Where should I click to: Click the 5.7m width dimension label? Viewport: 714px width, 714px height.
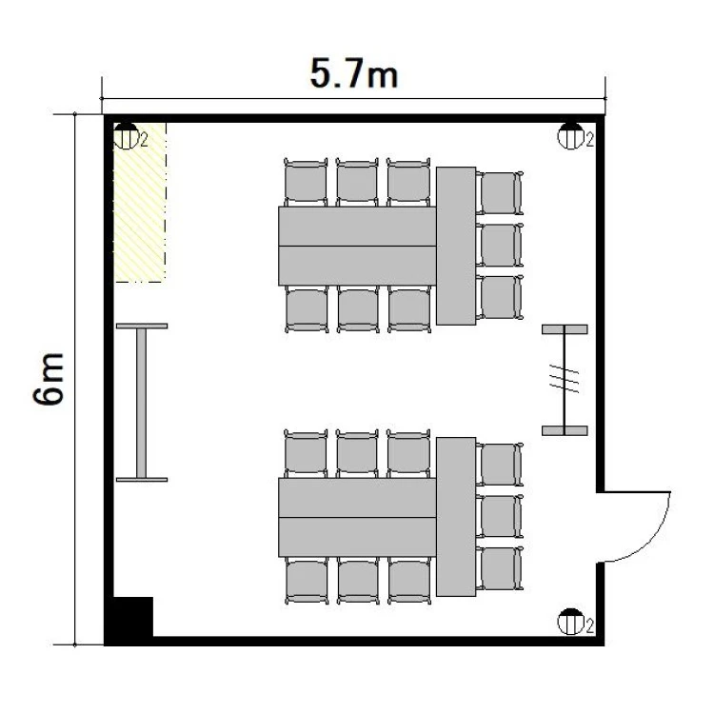[354, 74]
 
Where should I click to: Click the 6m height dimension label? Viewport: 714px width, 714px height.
[49, 378]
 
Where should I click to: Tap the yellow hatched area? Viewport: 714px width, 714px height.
[139, 202]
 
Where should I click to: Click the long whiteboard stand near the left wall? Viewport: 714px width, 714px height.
[142, 403]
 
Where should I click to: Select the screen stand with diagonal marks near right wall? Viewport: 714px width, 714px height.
[565, 380]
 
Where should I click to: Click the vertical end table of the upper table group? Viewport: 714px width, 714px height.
[456, 246]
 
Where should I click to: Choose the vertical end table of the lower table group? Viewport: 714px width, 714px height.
[456, 516]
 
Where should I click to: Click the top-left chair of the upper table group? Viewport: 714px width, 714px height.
[306, 182]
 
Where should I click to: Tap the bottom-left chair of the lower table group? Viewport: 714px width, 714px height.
[307, 581]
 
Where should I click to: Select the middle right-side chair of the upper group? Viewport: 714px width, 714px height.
[500, 245]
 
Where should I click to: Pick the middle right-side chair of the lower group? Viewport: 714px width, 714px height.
[500, 516]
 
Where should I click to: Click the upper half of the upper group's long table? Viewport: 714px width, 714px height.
[357, 227]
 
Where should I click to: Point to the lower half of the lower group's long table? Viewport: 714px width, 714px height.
[357, 537]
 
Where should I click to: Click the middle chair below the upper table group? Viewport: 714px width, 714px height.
[358, 309]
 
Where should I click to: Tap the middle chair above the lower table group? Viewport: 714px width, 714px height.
[357, 453]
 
